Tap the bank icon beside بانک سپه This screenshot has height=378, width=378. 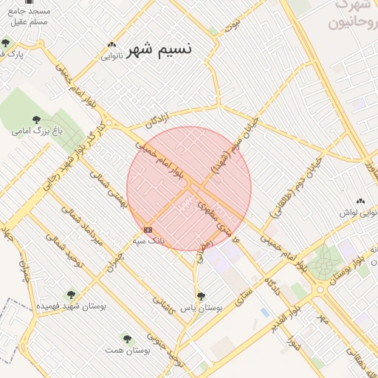pyautogui.click(x=148, y=230)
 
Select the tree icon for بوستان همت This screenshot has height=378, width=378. pyautogui.click(x=127, y=338)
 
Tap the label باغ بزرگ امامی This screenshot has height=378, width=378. pyautogui.click(x=32, y=131)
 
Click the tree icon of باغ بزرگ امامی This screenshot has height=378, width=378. pyautogui.click(x=36, y=119)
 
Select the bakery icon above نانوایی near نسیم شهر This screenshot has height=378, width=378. pyautogui.click(x=111, y=44)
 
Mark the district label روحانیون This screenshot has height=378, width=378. pyautogui.click(x=347, y=22)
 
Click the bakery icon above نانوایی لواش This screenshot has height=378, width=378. pyautogui.click(x=361, y=201)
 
